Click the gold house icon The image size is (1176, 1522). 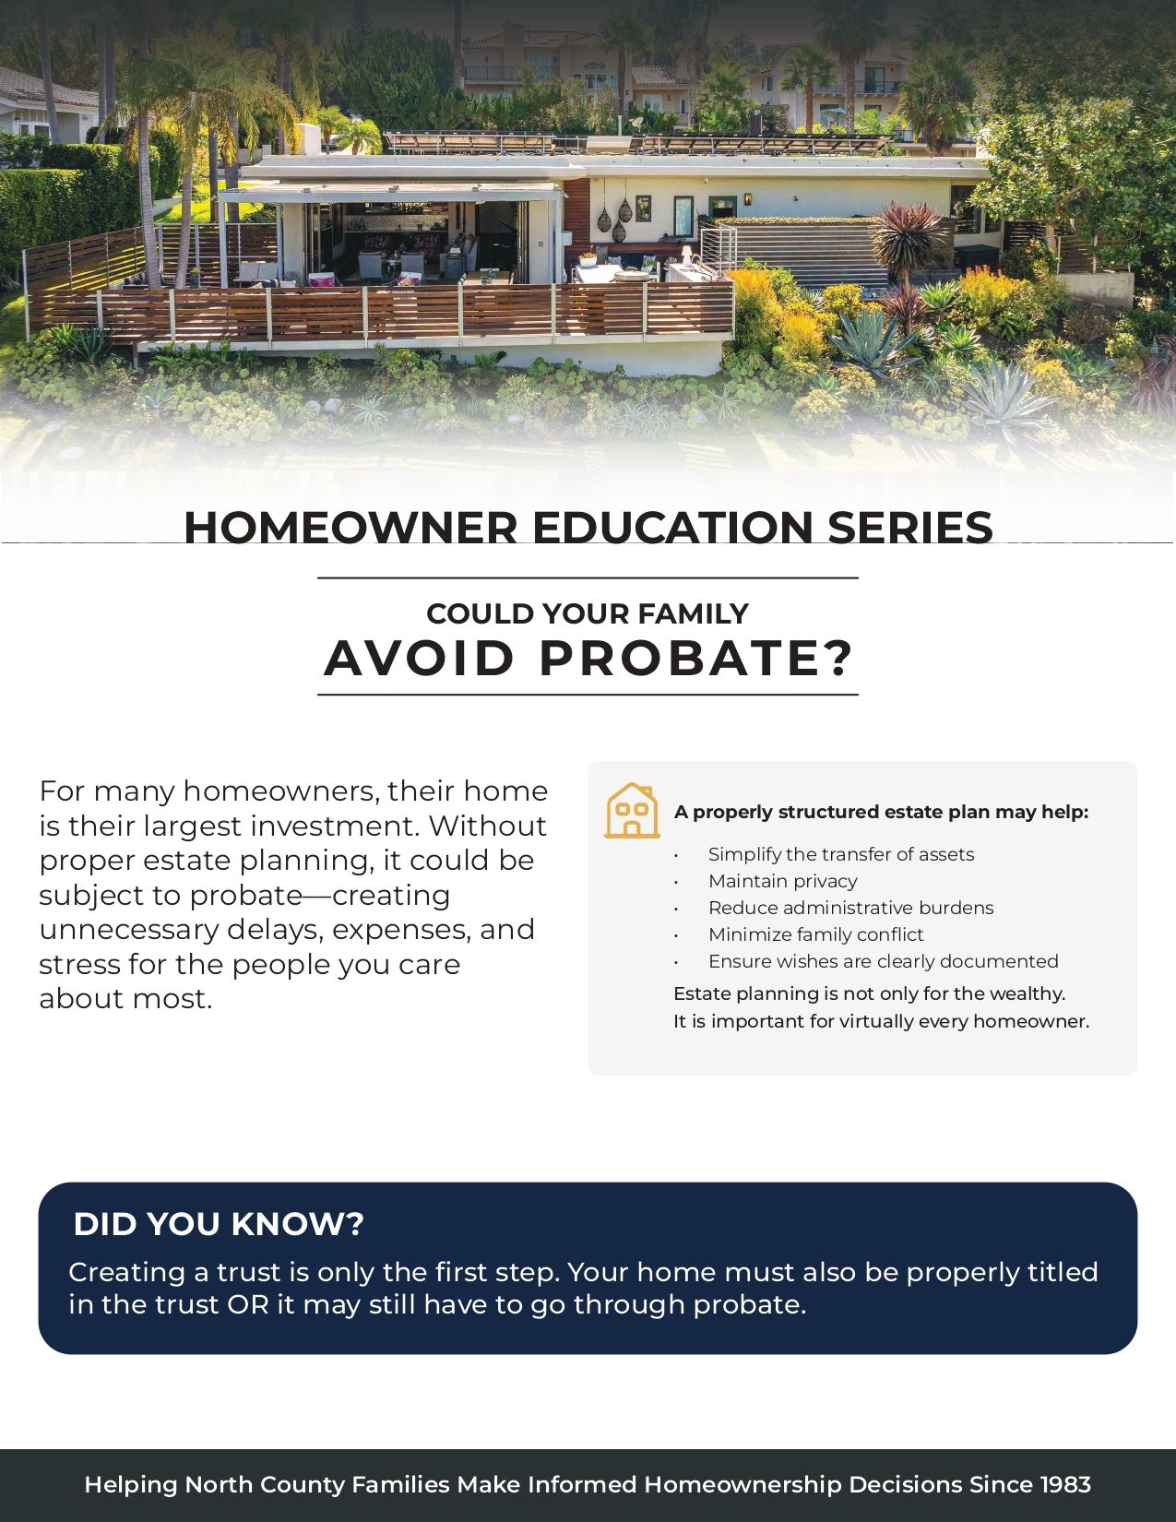click(632, 811)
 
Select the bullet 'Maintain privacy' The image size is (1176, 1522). click(782, 880)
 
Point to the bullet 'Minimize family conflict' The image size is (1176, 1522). click(816, 934)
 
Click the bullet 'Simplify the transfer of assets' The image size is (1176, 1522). click(841, 854)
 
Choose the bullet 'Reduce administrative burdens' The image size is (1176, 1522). click(851, 907)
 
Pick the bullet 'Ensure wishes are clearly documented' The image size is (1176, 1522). click(884, 961)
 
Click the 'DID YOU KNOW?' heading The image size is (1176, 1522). click(219, 1224)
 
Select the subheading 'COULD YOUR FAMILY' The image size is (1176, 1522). click(588, 613)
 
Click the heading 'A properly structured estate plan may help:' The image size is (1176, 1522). click(881, 812)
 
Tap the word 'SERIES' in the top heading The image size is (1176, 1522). click(909, 527)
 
